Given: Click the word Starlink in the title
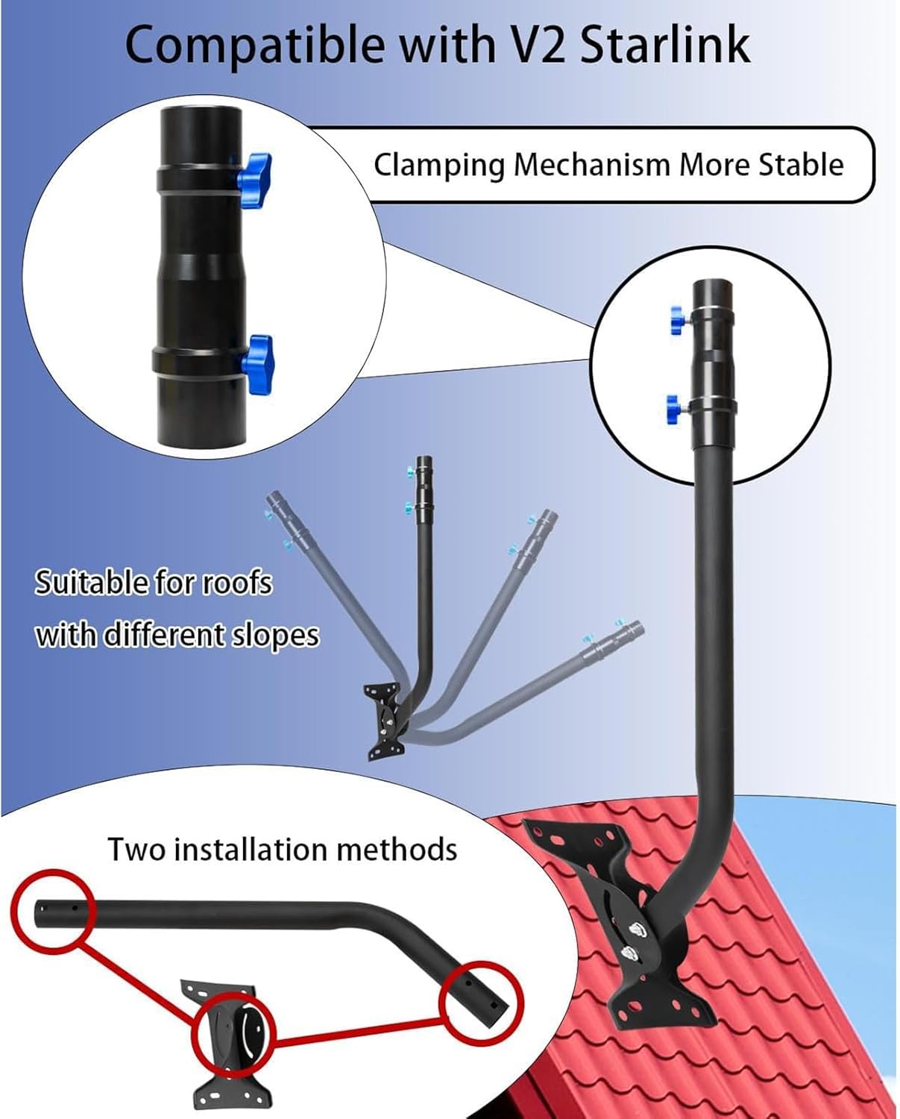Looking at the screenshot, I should pos(665,45).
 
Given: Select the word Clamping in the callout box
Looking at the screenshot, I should pos(438,166).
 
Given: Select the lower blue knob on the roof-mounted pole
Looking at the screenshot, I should pos(676,409).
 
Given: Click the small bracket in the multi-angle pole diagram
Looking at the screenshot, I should pos(385,721).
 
